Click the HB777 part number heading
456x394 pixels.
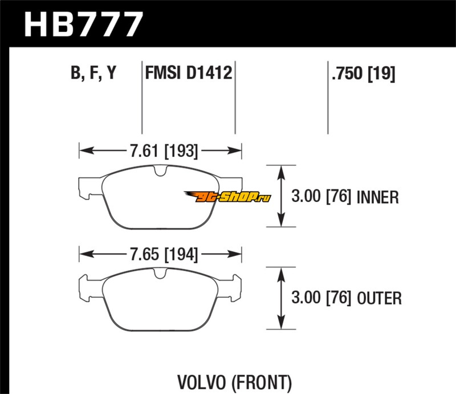pos(83,24)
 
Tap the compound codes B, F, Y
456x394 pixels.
pos(93,74)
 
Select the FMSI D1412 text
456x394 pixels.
pos(188,74)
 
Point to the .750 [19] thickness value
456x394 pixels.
pos(363,74)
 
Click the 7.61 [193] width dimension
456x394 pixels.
pos(160,151)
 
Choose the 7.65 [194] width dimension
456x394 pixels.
pos(160,254)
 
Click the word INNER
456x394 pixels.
pos(377,197)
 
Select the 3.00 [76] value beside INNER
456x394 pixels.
pos(321,197)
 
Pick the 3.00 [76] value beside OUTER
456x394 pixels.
pos(321,298)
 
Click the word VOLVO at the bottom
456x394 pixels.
pos(197,380)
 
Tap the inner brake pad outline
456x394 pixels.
pos(160,197)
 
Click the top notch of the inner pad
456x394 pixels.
pos(160,169)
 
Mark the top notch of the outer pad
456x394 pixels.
pos(160,273)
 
